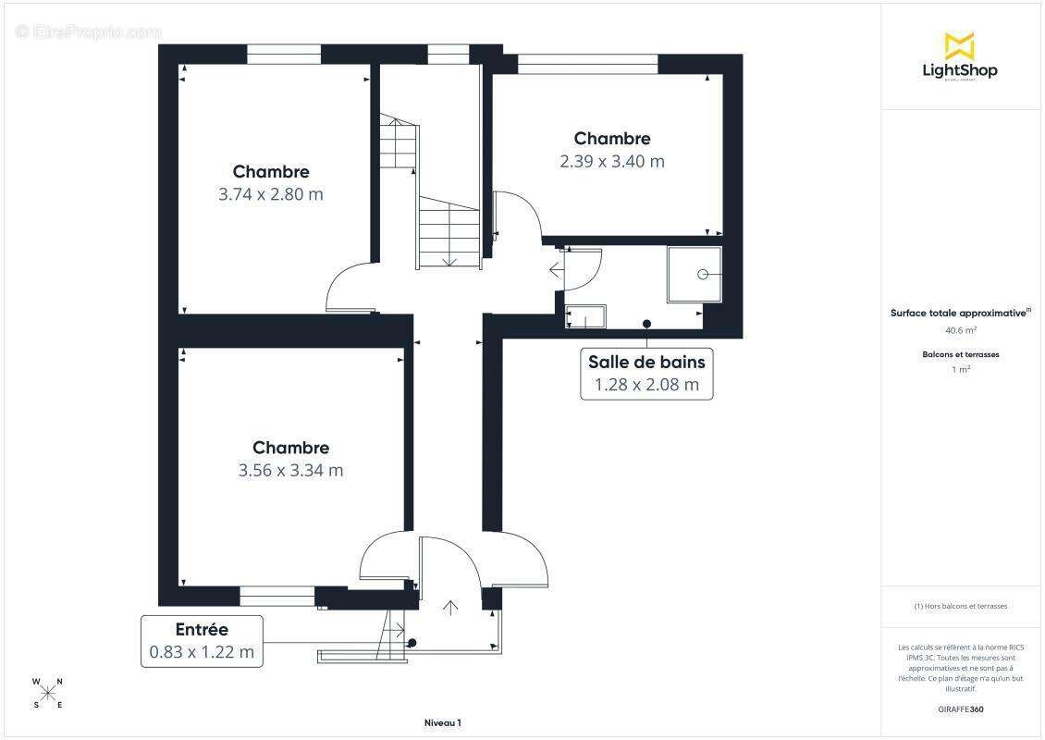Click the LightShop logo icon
pyautogui.click(x=959, y=45)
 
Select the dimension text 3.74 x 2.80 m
pyautogui.click(x=271, y=194)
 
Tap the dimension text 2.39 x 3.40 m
pyautogui.click(x=611, y=161)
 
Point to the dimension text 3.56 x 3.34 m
pyautogui.click(x=290, y=470)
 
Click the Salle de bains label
pyautogui.click(x=646, y=362)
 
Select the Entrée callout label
pyautogui.click(x=202, y=630)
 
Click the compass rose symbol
pyautogui.click(x=48, y=694)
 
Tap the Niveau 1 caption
pyautogui.click(x=442, y=723)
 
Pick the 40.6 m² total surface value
pyautogui.click(x=960, y=329)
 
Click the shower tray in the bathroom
pyautogui.click(x=694, y=274)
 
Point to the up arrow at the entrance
pyautogui.click(x=450, y=607)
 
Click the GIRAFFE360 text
pyautogui.click(x=960, y=708)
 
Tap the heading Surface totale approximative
pyautogui.click(x=958, y=313)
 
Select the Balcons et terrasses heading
pyautogui.click(x=960, y=354)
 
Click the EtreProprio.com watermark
pyautogui.click(x=89, y=31)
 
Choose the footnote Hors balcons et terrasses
pyautogui.click(x=960, y=606)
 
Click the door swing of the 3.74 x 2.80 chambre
pyautogui.click(x=350, y=289)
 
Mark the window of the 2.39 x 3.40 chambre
pyautogui.click(x=587, y=64)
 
